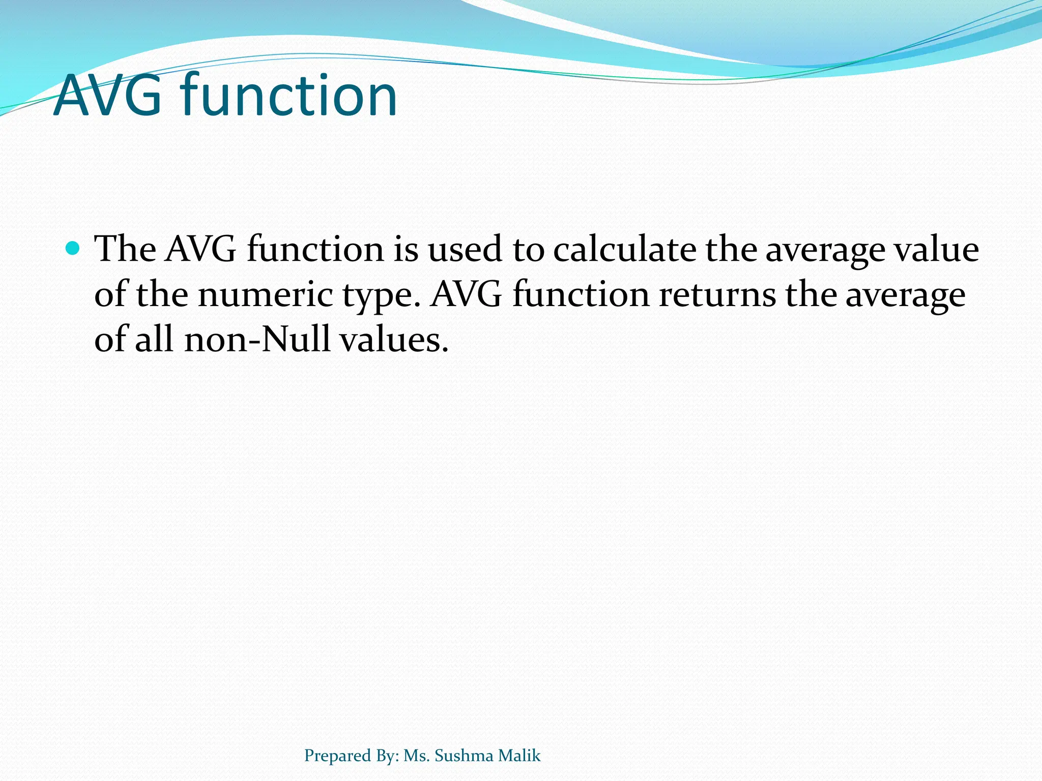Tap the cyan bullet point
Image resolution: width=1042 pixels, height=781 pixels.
[73, 248]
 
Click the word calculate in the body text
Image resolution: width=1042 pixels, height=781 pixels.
[624, 249]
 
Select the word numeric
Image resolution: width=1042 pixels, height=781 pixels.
[265, 294]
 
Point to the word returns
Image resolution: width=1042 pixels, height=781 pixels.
[717, 294]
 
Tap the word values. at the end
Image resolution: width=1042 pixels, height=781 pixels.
[394, 339]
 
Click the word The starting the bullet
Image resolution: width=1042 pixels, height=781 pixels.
[125, 249]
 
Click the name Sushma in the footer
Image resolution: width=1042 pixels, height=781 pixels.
[464, 756]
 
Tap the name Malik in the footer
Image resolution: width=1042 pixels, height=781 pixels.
[519, 756]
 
